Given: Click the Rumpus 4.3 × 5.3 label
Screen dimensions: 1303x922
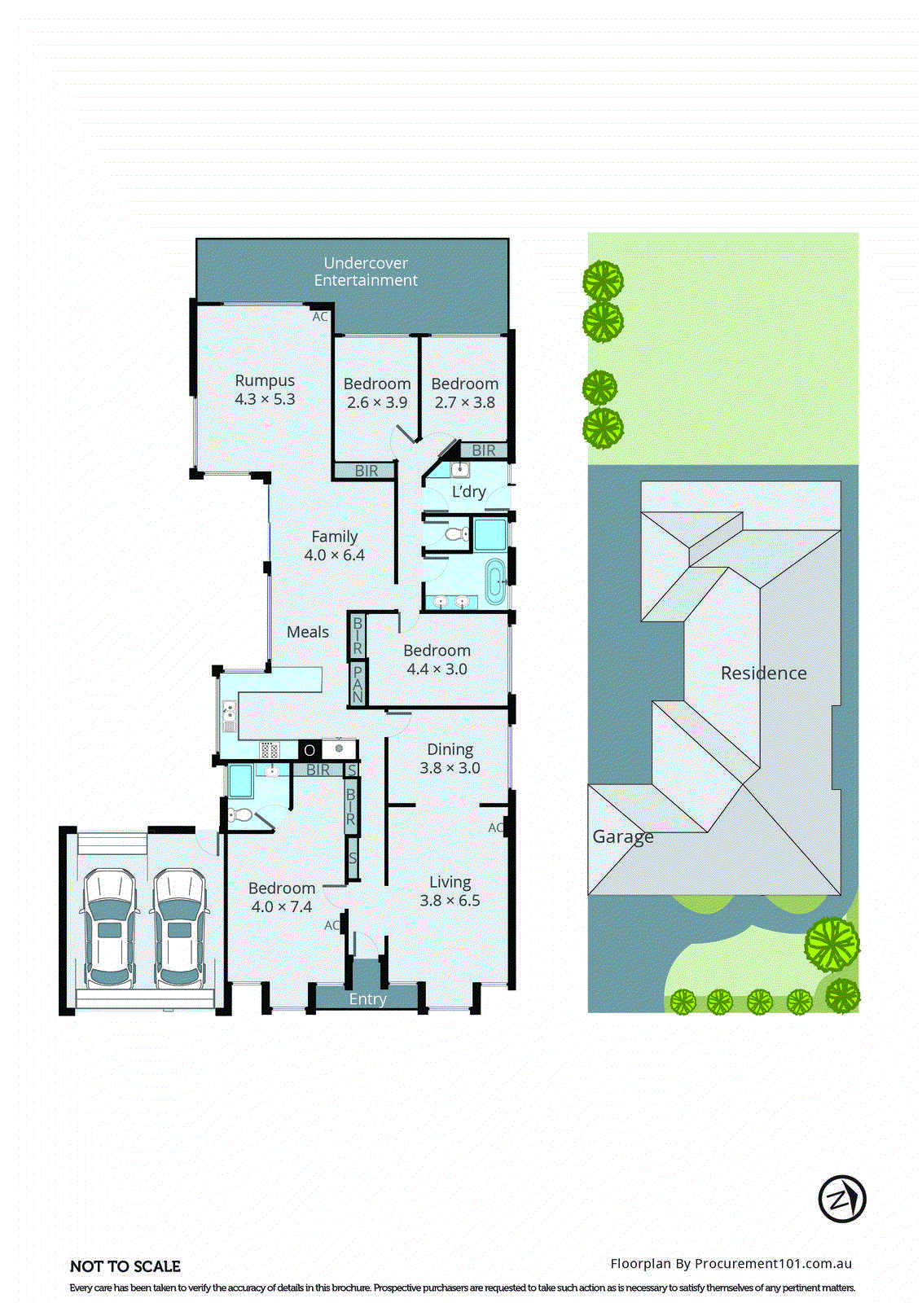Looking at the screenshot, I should (265, 390).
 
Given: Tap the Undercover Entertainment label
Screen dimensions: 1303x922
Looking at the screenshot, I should (366, 271).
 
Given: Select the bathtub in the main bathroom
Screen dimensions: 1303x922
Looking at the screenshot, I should (494, 581).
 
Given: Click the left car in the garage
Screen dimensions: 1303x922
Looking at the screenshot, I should (109, 928).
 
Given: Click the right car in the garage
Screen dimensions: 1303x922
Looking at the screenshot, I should (179, 928).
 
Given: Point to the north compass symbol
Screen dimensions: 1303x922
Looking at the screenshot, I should (841, 1199).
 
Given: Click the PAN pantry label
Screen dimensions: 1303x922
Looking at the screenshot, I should (358, 683).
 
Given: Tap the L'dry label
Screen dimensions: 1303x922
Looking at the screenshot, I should (468, 491).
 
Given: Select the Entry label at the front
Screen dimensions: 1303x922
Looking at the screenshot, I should (367, 999).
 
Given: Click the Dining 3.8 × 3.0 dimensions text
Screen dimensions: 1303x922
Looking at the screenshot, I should (450, 768).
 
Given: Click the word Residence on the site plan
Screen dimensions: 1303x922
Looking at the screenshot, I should (763, 673).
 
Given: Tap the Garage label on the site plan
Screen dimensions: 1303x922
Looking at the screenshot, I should (622, 836).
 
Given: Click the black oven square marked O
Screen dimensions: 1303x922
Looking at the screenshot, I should (310, 750).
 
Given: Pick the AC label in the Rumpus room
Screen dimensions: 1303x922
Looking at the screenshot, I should (320, 316).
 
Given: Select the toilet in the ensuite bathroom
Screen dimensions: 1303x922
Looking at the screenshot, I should (240, 814).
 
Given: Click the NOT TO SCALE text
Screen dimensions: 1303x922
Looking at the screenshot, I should (125, 1266).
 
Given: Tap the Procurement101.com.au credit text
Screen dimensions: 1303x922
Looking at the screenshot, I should (731, 1263).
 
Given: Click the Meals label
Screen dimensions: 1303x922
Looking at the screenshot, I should (308, 632).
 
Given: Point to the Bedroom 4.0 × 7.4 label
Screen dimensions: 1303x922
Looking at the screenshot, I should (282, 897).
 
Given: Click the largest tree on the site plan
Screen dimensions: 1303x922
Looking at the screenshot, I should (832, 945).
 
